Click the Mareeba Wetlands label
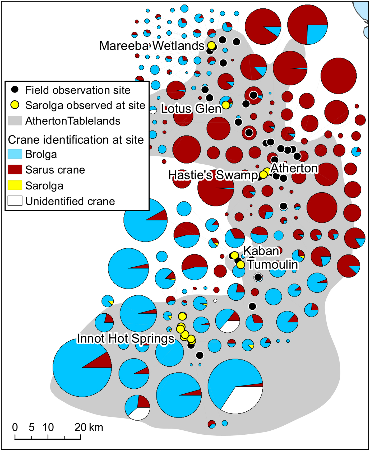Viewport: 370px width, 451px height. click(152, 46)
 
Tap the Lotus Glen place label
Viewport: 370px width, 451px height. click(191, 109)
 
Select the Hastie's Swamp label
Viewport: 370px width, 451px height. click(213, 175)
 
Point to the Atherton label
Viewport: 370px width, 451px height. click(294, 168)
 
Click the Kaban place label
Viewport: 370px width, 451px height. click(261, 251)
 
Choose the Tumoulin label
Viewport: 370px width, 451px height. click(273, 264)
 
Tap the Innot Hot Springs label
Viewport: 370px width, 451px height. click(126, 338)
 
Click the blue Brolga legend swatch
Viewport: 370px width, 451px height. click(15, 154)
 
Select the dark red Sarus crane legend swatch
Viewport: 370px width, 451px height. click(15, 170)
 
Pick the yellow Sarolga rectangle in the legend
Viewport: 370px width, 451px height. click(15, 185)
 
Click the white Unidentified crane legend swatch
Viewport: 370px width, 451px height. click(15, 201)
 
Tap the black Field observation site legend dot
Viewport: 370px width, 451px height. click(15, 90)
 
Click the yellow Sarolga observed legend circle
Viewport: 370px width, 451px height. click(15, 105)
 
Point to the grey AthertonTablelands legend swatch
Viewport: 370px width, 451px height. click(15, 121)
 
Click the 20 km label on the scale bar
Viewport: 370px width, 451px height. click(89, 427)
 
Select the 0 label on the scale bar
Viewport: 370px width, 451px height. click(15, 427)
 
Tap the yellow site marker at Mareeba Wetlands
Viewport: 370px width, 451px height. click(211, 45)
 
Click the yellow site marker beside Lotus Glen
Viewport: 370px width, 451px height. click(226, 105)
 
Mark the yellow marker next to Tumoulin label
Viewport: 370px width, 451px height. click(240, 264)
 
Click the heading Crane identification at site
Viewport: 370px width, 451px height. click(76, 140)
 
